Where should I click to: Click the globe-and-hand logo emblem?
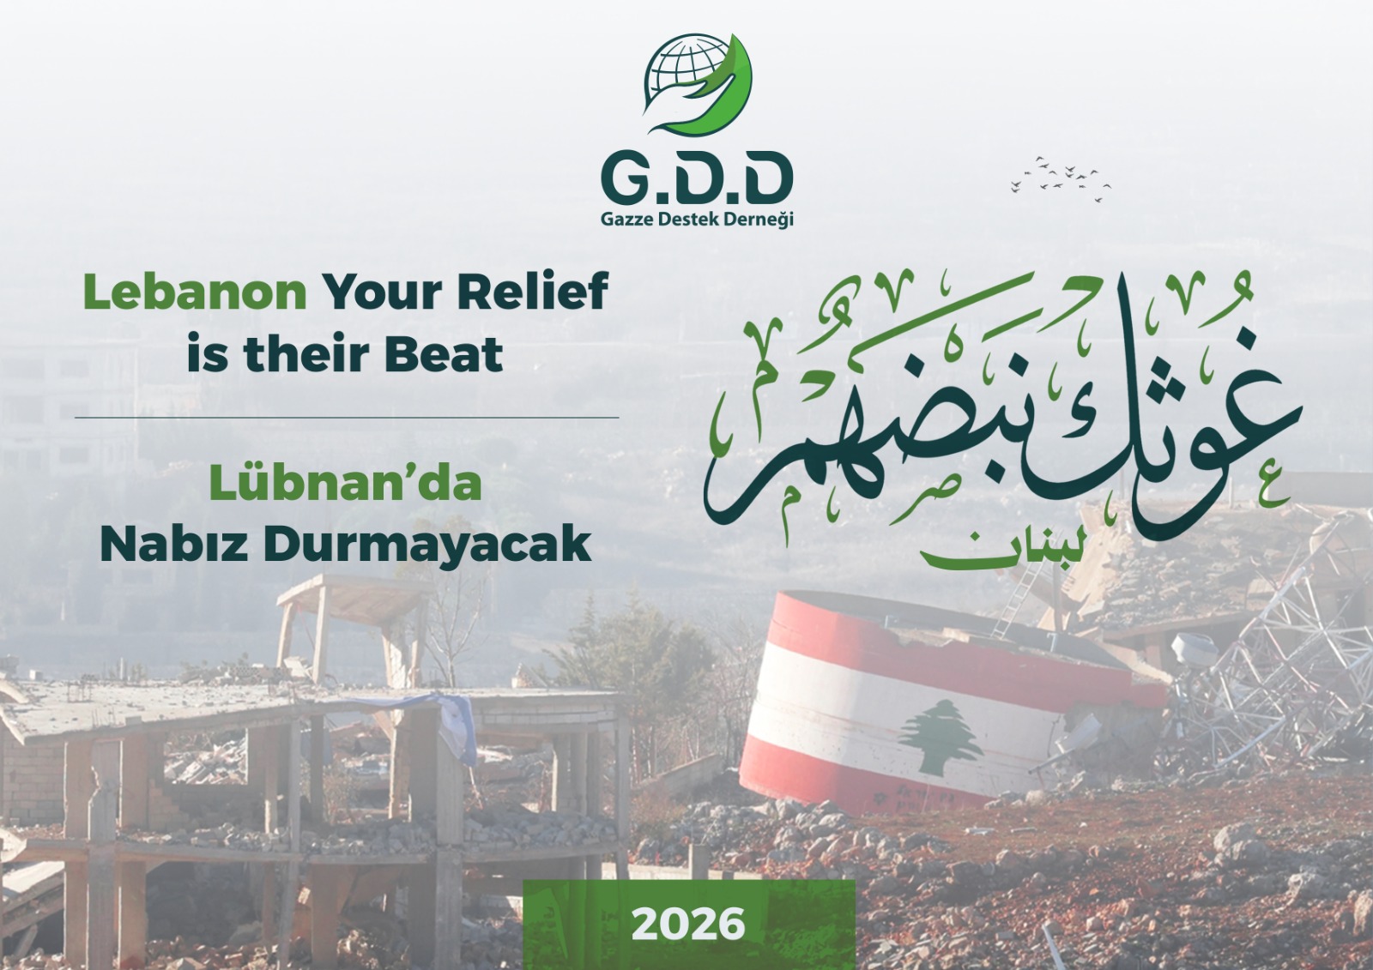pyautogui.click(x=698, y=84)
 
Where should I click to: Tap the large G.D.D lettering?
pyautogui.click(x=697, y=178)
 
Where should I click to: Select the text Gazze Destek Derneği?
pyautogui.click(x=697, y=219)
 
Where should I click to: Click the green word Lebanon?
pyautogui.click(x=195, y=292)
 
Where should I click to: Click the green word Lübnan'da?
pyautogui.click(x=345, y=483)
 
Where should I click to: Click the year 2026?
pyautogui.click(x=688, y=924)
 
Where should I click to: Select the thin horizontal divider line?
pyautogui.click(x=347, y=418)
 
